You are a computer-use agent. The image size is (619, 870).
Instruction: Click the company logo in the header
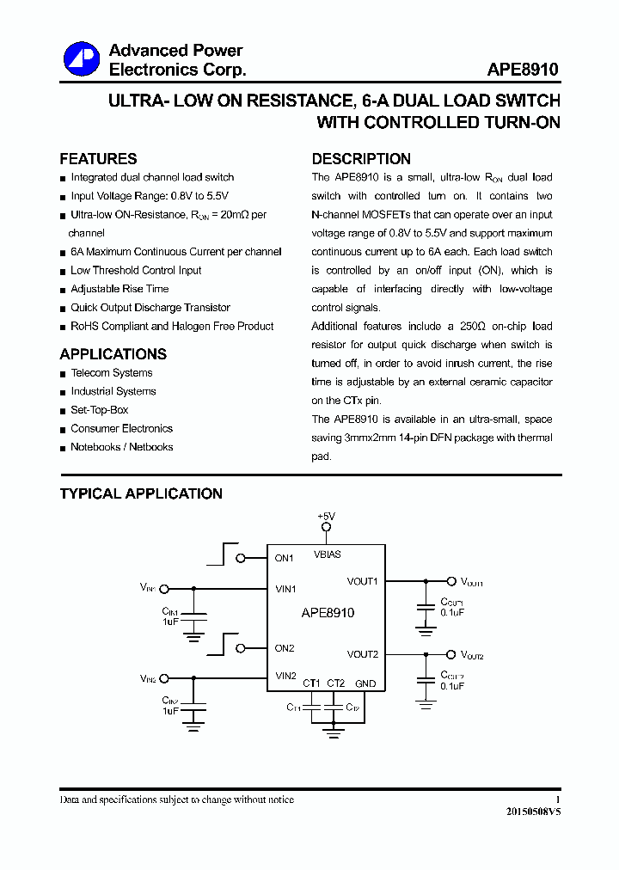click(82, 59)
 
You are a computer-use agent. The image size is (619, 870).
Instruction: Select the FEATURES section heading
click(98, 159)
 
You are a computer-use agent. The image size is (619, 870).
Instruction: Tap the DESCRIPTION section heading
click(361, 159)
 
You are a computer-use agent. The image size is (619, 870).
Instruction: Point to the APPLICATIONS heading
click(113, 354)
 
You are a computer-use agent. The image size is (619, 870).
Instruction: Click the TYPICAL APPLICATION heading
click(141, 493)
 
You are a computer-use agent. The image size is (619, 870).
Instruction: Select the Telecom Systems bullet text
click(112, 373)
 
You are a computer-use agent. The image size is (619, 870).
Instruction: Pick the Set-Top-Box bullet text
click(99, 410)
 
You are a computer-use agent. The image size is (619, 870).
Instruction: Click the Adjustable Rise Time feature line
click(120, 289)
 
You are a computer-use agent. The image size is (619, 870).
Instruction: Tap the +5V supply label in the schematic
click(326, 516)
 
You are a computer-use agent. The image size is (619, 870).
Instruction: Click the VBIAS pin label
click(327, 554)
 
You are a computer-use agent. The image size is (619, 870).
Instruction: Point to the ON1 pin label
click(285, 558)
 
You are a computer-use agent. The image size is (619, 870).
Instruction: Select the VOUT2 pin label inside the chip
click(363, 655)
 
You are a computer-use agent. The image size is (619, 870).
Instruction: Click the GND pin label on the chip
click(365, 683)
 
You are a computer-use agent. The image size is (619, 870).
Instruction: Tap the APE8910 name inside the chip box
click(328, 613)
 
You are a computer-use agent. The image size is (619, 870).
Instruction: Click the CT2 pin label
click(336, 683)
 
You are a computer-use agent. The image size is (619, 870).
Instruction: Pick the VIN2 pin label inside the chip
click(285, 676)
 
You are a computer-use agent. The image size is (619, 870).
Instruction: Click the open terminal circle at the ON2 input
click(241, 648)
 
